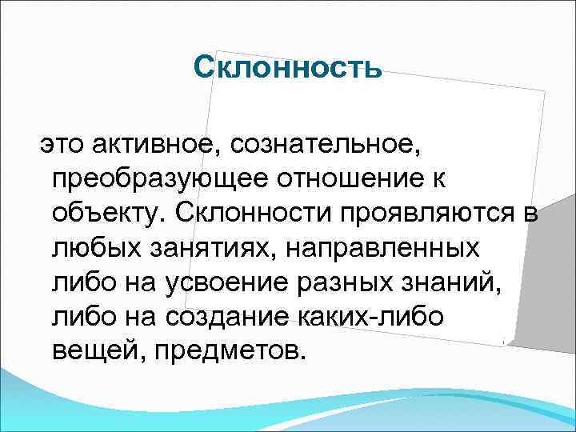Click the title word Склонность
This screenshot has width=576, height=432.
[x=288, y=69]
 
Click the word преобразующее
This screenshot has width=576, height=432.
[x=157, y=180]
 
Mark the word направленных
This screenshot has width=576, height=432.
[x=382, y=249]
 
